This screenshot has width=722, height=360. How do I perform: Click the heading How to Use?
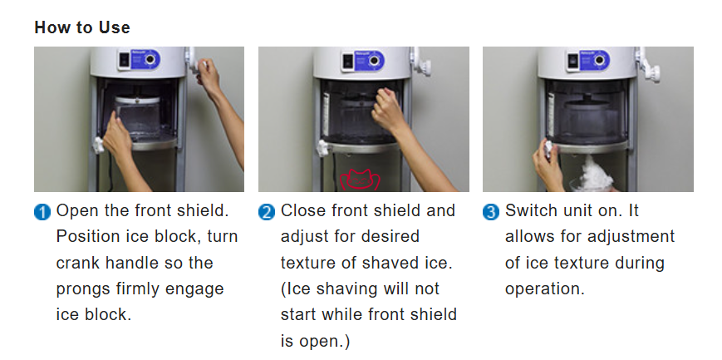tap(82, 27)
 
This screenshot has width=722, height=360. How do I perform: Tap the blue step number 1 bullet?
tap(42, 213)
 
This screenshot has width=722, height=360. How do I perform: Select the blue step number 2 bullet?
tap(267, 213)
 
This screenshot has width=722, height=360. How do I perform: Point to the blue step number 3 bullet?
tap(491, 213)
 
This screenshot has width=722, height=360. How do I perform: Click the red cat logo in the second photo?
tap(360, 180)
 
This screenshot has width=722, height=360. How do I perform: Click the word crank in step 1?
tap(78, 264)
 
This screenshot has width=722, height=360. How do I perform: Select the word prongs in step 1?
tap(83, 290)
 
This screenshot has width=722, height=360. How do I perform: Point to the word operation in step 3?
tap(545, 290)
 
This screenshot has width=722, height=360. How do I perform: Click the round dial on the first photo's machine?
tap(150, 60)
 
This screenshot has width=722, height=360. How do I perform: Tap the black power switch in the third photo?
tap(572, 61)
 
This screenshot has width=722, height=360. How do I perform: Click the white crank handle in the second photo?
tap(421, 62)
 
